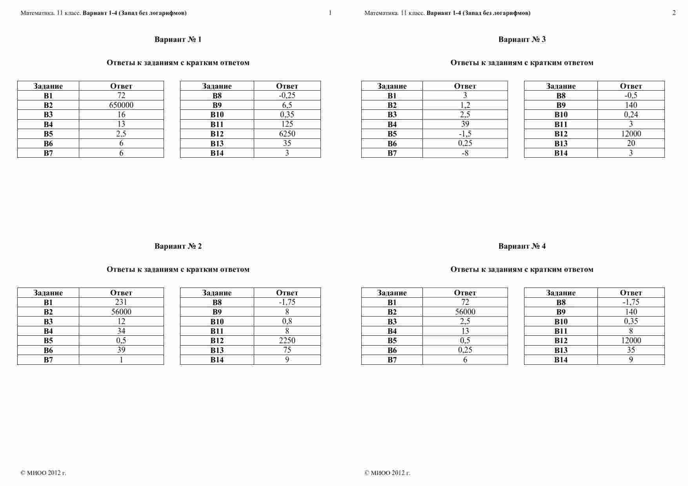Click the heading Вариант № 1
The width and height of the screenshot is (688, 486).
tap(178, 39)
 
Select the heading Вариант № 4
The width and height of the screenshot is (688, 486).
tap(522, 246)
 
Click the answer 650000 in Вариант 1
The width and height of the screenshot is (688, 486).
tap(121, 105)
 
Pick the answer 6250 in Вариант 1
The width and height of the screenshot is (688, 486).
tap(287, 133)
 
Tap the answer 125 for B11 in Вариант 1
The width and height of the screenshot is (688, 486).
tap(287, 124)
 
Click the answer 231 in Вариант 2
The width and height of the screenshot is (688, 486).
tap(121, 302)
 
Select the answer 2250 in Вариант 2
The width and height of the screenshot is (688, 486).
tap(287, 340)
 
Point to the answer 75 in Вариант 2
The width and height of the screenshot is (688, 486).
tap(287, 350)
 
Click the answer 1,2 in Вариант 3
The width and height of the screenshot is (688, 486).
tap(465, 105)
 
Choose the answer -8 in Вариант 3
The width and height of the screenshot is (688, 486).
tap(465, 153)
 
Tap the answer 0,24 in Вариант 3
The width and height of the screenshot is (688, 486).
tap(631, 114)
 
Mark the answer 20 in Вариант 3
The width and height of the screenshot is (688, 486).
tap(631, 143)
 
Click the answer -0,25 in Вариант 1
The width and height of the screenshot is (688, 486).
tap(287, 95)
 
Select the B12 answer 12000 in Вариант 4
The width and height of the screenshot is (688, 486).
tap(631, 340)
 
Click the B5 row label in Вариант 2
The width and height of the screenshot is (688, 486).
tap(48, 340)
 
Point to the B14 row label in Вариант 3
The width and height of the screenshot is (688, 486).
tap(561, 153)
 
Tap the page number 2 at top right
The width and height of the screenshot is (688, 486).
tap(674, 13)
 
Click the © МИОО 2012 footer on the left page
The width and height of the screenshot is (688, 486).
tap(43, 473)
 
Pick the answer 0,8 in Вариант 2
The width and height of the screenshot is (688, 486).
tap(287, 321)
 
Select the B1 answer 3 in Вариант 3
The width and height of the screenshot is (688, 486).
tap(465, 95)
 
